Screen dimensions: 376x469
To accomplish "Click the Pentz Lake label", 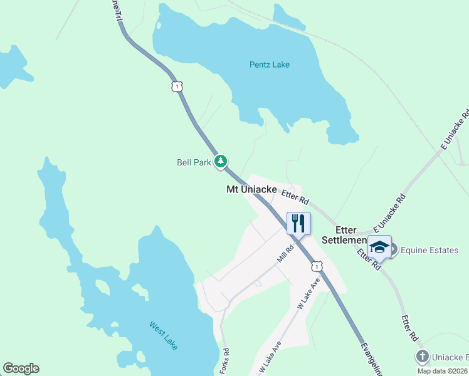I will click(x=269, y=65).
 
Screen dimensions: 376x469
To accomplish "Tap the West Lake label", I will click(x=163, y=335).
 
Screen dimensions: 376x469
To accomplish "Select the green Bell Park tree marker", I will click(x=220, y=162).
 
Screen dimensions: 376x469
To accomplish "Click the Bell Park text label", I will click(x=194, y=162).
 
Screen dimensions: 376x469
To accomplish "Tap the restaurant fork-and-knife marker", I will click(x=298, y=222).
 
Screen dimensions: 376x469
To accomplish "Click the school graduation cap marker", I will click(x=379, y=246).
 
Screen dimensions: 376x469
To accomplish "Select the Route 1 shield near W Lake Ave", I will click(x=317, y=266).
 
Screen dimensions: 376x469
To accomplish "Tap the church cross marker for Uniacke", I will click(x=423, y=357).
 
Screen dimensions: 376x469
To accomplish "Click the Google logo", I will click(x=21, y=368).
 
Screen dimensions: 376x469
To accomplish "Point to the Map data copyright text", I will click(x=443, y=371).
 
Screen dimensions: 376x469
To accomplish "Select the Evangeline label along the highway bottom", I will click(x=372, y=359).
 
